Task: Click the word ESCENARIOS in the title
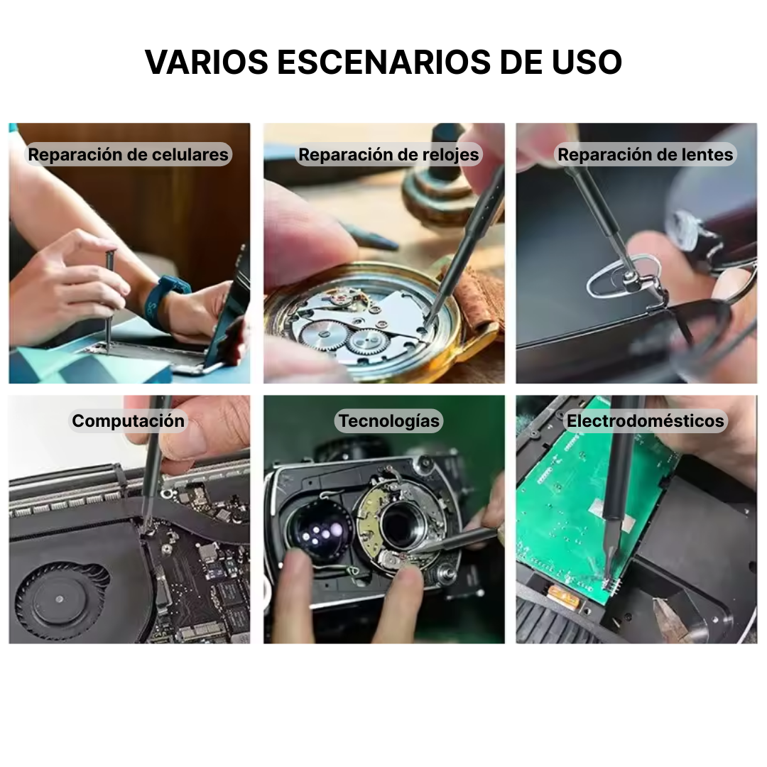coord(383,62)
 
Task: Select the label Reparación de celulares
coord(128,155)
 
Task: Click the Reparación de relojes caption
coord(389,155)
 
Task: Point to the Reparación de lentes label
coord(645,155)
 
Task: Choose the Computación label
coord(128,420)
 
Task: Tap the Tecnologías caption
coord(389,420)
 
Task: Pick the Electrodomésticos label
coord(645,420)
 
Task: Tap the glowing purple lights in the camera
coord(320,532)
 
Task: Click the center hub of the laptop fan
coord(59,599)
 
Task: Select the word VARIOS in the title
coord(207,62)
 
